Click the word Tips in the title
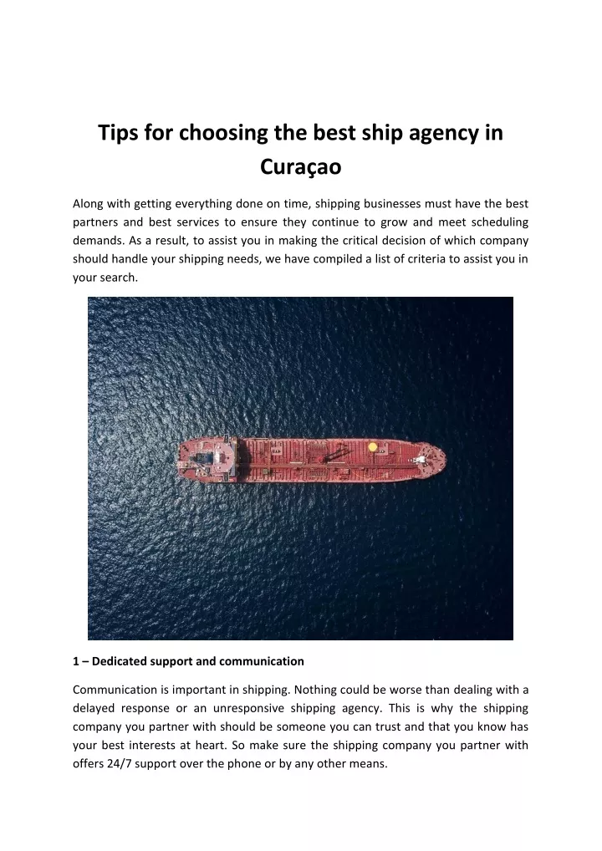tap(119, 133)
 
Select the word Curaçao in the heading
tap(301, 167)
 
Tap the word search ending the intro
tap(118, 278)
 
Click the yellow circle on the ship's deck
tap(373, 446)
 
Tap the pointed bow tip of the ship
tap(446, 457)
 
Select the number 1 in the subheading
tap(76, 661)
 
